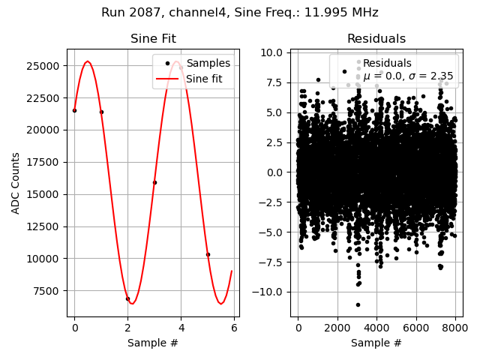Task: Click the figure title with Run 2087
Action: click(240, 13)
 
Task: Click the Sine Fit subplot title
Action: click(153, 39)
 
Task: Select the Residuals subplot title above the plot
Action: click(376, 39)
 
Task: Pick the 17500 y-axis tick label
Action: click(47, 162)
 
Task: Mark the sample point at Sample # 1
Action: click(101, 112)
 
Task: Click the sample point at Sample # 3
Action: click(154, 182)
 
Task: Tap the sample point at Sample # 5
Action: click(208, 254)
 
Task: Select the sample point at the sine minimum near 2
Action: click(127, 298)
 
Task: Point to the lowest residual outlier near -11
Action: click(358, 304)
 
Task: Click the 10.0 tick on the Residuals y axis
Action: click(272, 52)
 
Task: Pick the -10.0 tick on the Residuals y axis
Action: click(270, 292)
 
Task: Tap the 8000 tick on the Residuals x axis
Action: click(455, 327)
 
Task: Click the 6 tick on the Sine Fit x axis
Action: click(234, 327)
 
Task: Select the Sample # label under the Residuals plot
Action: click(376, 343)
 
